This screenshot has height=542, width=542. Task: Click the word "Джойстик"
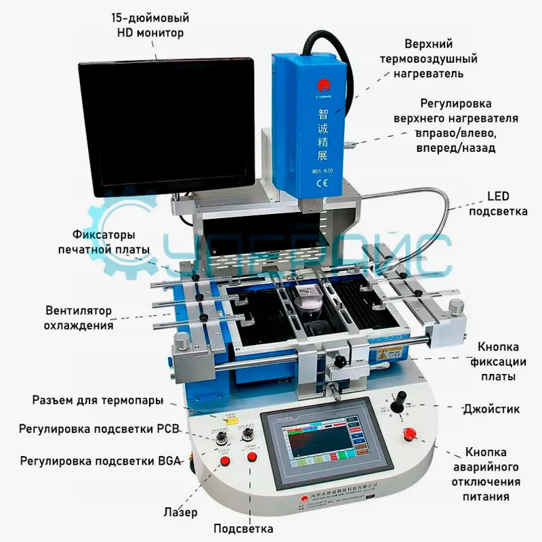pos(491,409)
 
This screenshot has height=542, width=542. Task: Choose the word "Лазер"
pos(181,512)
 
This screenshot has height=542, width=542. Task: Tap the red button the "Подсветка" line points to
pos(253,457)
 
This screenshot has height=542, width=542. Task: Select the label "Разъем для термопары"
pos(98,400)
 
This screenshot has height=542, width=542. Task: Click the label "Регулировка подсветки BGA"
pos(91,461)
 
